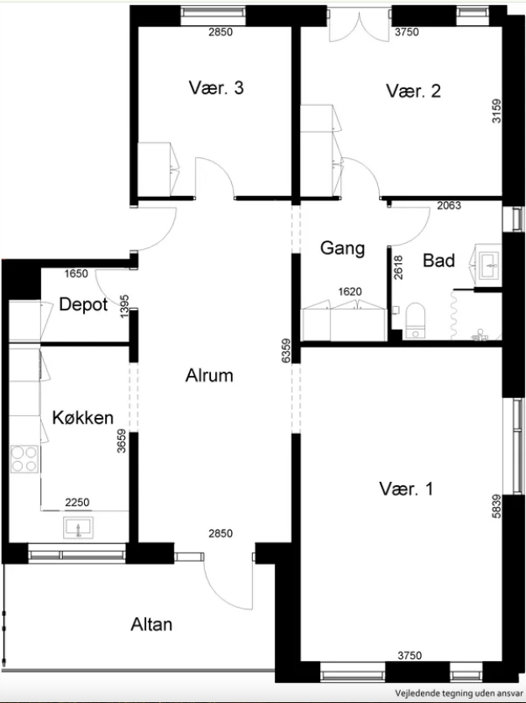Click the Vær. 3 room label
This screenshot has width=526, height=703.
[216, 87]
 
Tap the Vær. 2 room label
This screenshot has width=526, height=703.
[413, 91]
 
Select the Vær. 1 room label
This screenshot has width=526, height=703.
[406, 489]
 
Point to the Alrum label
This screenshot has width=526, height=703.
[209, 375]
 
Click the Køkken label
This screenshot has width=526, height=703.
[83, 417]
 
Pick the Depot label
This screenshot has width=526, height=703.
[83, 305]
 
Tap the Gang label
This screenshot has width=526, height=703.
[343, 248]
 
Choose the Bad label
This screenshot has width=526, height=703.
[439, 261]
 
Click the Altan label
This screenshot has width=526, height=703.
[151, 625]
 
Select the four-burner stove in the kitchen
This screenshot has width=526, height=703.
[24, 458]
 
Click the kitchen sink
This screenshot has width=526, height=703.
[79, 527]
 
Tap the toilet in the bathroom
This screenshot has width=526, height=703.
[415, 320]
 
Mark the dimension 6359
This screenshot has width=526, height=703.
[287, 351]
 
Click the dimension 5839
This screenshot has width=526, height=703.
[497, 506]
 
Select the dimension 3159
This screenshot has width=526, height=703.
[497, 111]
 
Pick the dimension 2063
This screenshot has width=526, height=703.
[449, 206]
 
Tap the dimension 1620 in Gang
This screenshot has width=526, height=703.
[350, 292]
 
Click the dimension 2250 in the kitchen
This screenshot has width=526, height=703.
[77, 503]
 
